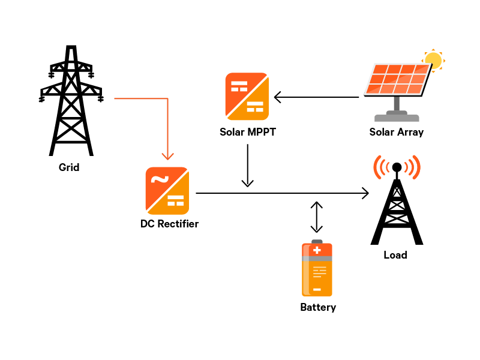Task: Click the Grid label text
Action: [x=69, y=167]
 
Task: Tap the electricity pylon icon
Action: [x=71, y=102]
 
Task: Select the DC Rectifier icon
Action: [x=167, y=191]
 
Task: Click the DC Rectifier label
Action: [x=169, y=224]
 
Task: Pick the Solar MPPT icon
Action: [x=247, y=96]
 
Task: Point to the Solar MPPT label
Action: [x=248, y=132]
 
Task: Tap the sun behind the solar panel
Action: [x=433, y=60]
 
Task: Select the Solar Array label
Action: [x=397, y=132]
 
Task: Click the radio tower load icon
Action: [x=397, y=201]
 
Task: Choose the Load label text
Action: [x=395, y=255]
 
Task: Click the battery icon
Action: [x=317, y=269]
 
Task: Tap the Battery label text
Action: [x=318, y=307]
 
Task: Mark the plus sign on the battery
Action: [x=317, y=250]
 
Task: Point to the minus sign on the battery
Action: [x=317, y=290]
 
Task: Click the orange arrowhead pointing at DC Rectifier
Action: [x=167, y=157]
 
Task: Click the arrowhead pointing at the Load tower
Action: [x=365, y=193]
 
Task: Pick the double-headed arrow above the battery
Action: [x=316, y=217]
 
